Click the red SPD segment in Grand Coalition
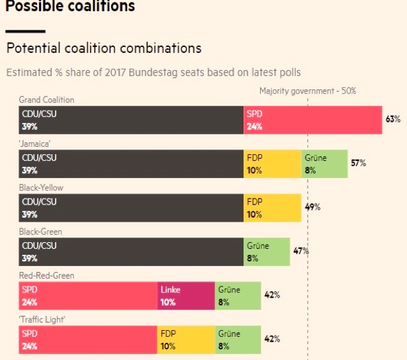312,120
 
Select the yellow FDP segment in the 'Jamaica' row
272,163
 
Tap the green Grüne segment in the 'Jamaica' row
324,163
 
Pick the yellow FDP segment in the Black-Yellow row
272,208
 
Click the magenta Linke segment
186,296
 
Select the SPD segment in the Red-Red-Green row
88,296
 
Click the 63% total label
393,119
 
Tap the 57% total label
358,163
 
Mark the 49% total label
312,207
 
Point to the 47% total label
300,251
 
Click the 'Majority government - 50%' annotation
307,91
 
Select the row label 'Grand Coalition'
46,100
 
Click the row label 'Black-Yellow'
41,188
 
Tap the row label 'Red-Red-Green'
46,276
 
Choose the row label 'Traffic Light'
42,320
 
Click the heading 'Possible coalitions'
70,7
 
